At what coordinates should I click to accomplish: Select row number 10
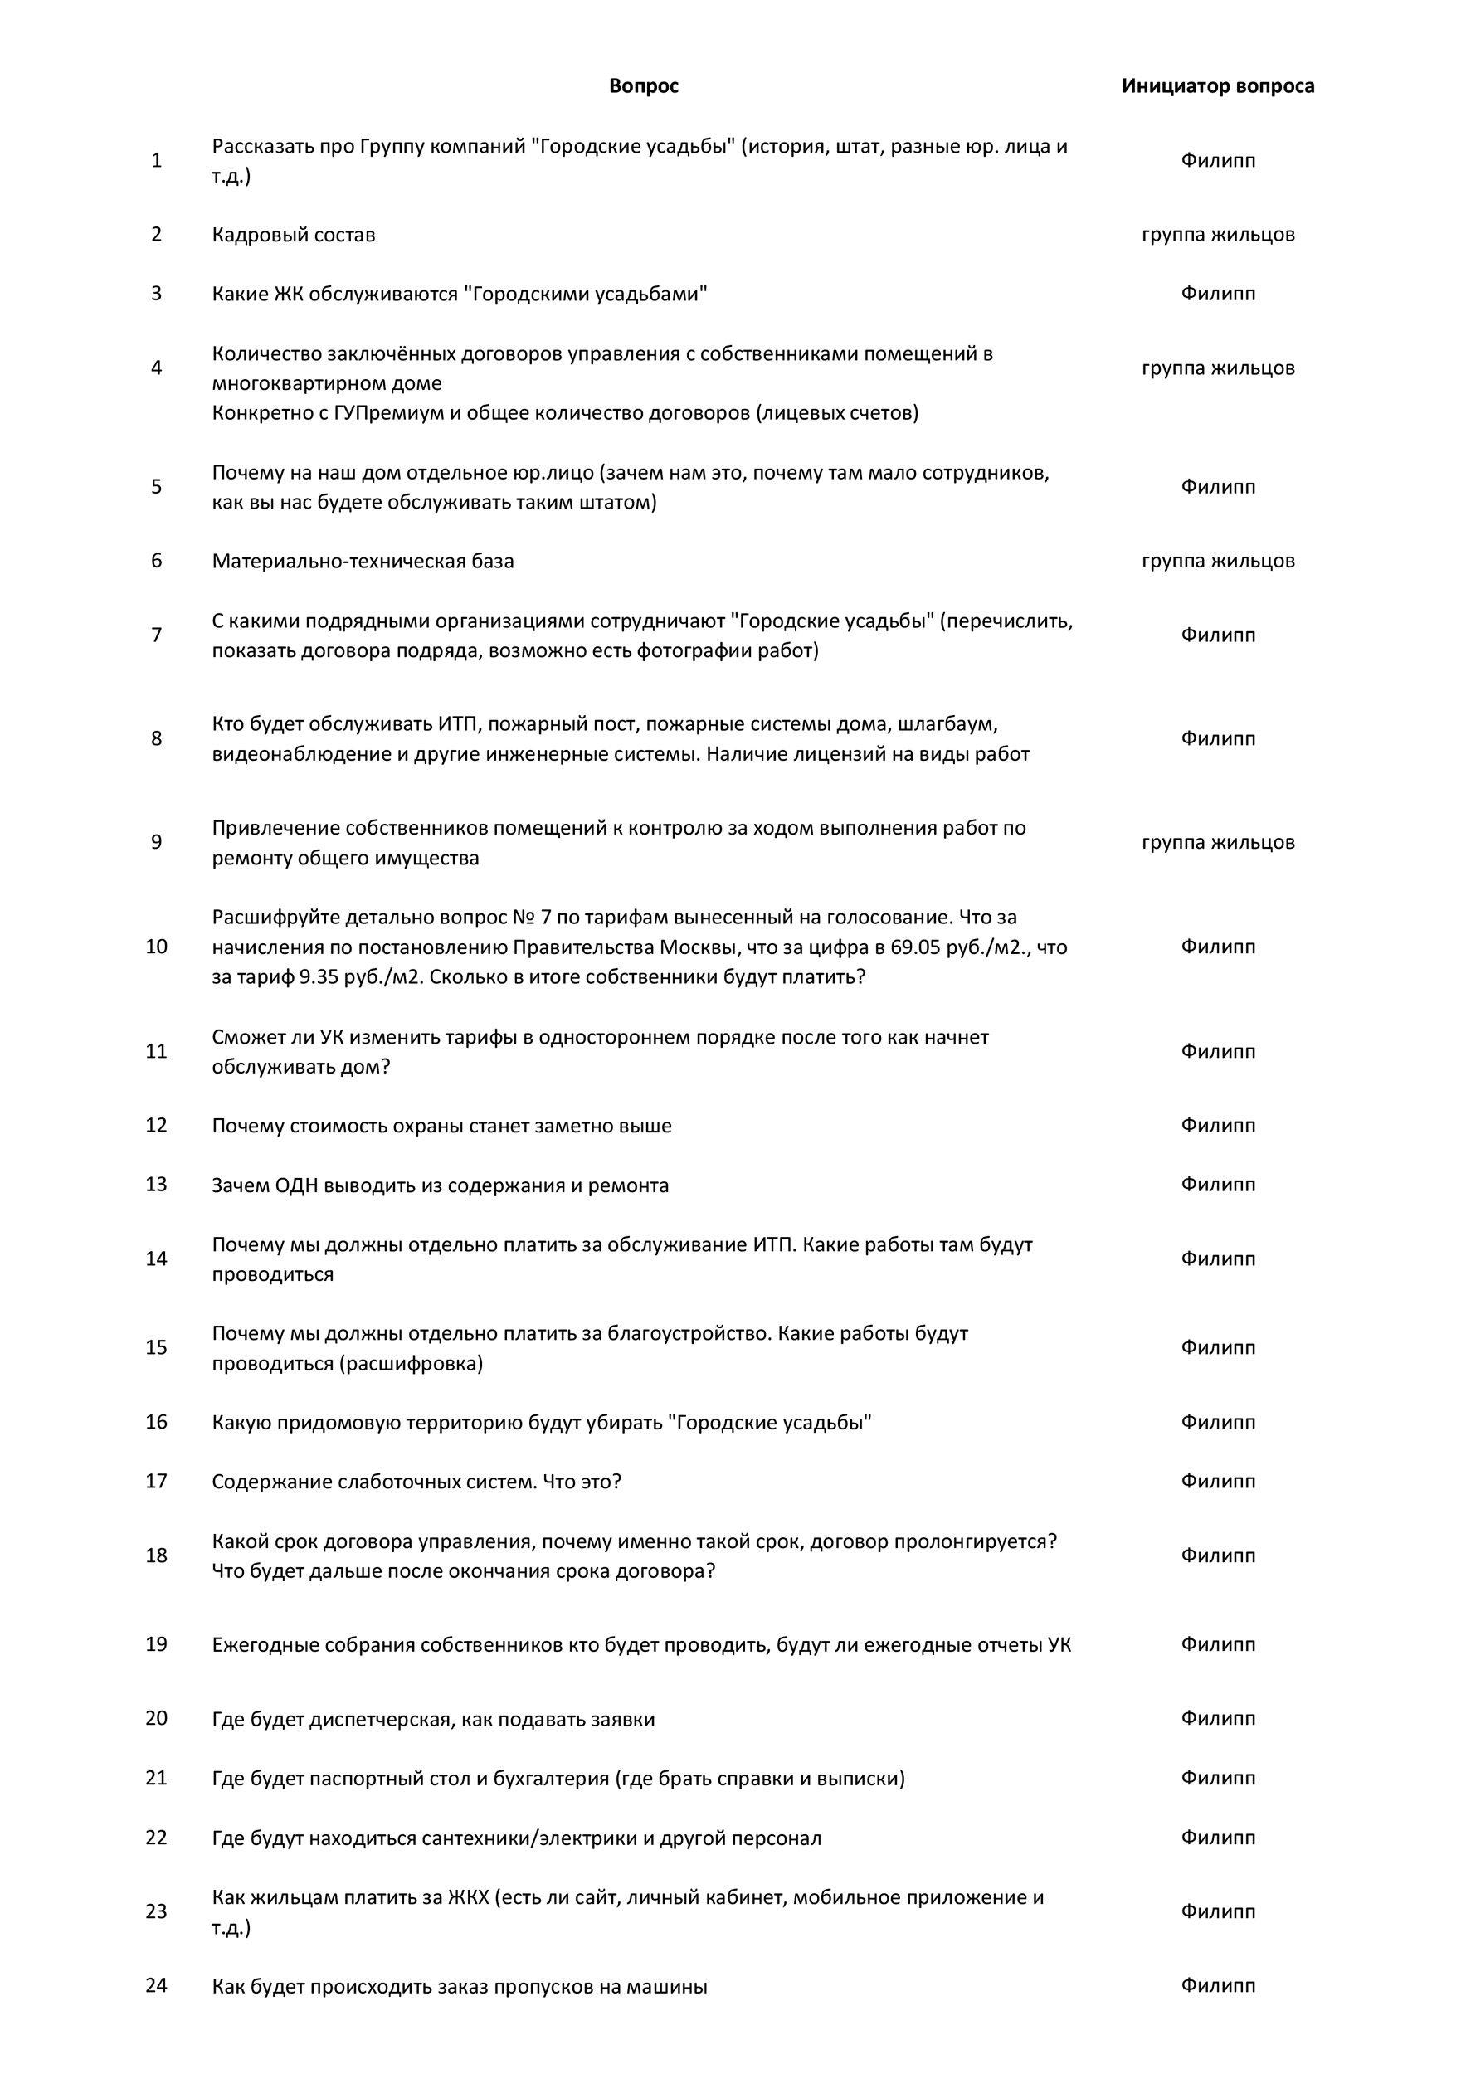click(x=156, y=947)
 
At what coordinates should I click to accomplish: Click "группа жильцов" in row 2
click(x=1218, y=235)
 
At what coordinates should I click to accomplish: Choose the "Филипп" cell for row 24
click(x=1218, y=1985)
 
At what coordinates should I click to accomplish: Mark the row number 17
click(x=156, y=1482)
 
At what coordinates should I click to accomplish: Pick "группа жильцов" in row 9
click(x=1218, y=843)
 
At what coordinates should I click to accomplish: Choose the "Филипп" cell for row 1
click(x=1218, y=161)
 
